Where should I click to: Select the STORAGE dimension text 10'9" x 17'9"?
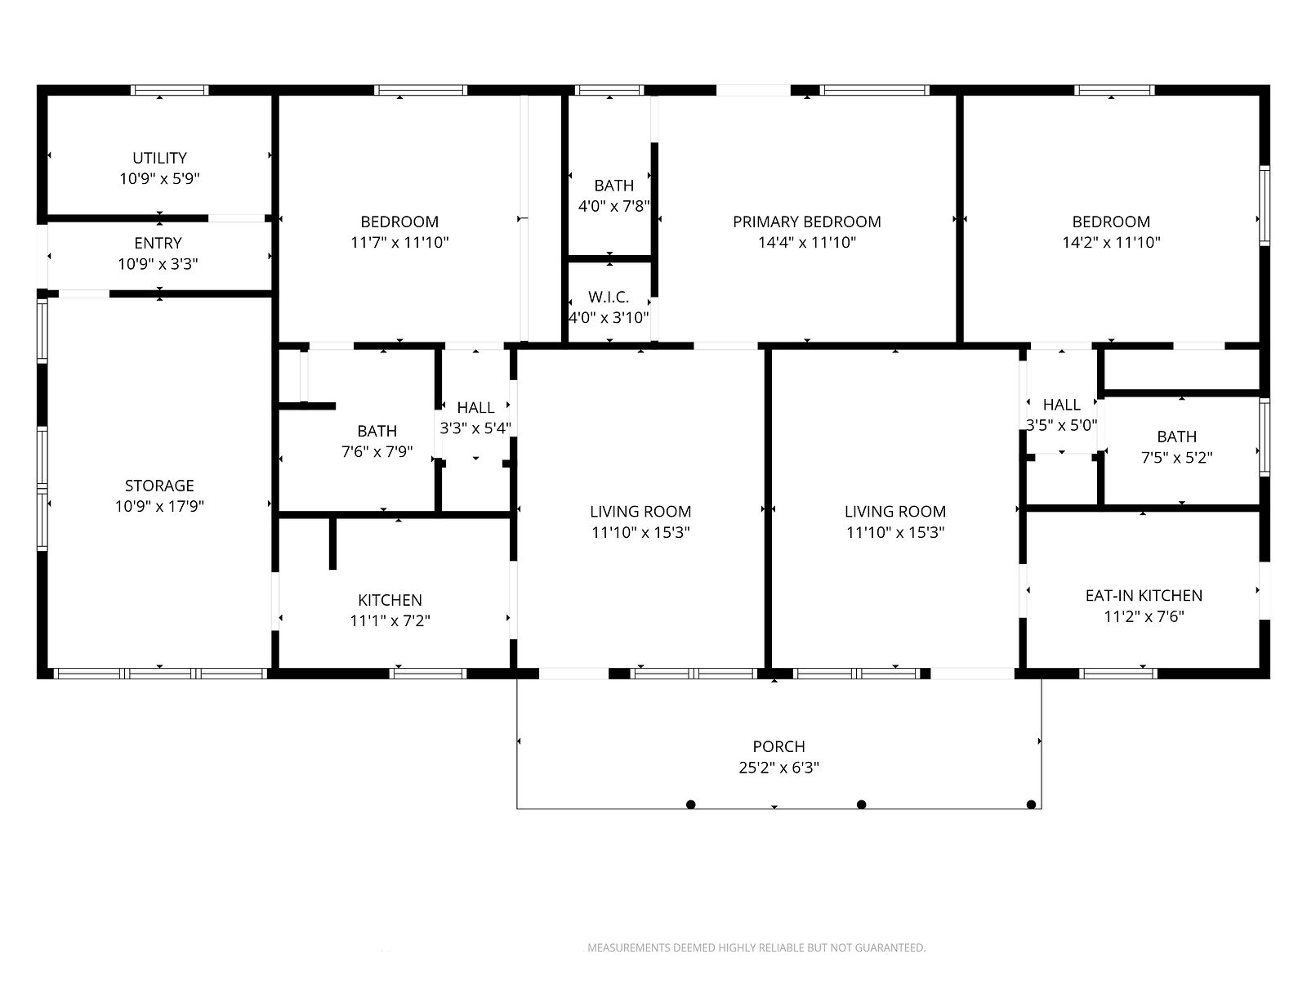[x=159, y=506]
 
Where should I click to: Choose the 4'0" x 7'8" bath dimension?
[x=614, y=206]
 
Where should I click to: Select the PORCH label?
[x=778, y=746]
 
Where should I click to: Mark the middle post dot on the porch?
[x=861, y=804]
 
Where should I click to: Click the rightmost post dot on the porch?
[x=1032, y=804]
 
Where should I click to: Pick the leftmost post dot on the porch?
[x=691, y=804]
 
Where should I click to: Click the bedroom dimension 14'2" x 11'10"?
[x=1111, y=243]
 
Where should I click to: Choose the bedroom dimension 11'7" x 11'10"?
[x=399, y=243]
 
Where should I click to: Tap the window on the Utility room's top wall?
[x=170, y=91]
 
